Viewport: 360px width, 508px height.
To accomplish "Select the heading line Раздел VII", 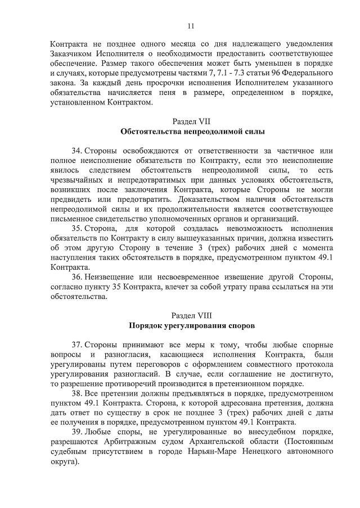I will point(191,121).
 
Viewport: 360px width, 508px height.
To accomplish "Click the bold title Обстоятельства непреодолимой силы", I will point(191,131).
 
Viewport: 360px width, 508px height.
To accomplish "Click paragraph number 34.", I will point(77,151).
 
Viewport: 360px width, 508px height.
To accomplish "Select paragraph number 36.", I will point(77,278).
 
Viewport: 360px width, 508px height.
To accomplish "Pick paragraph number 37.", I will point(77,343).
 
